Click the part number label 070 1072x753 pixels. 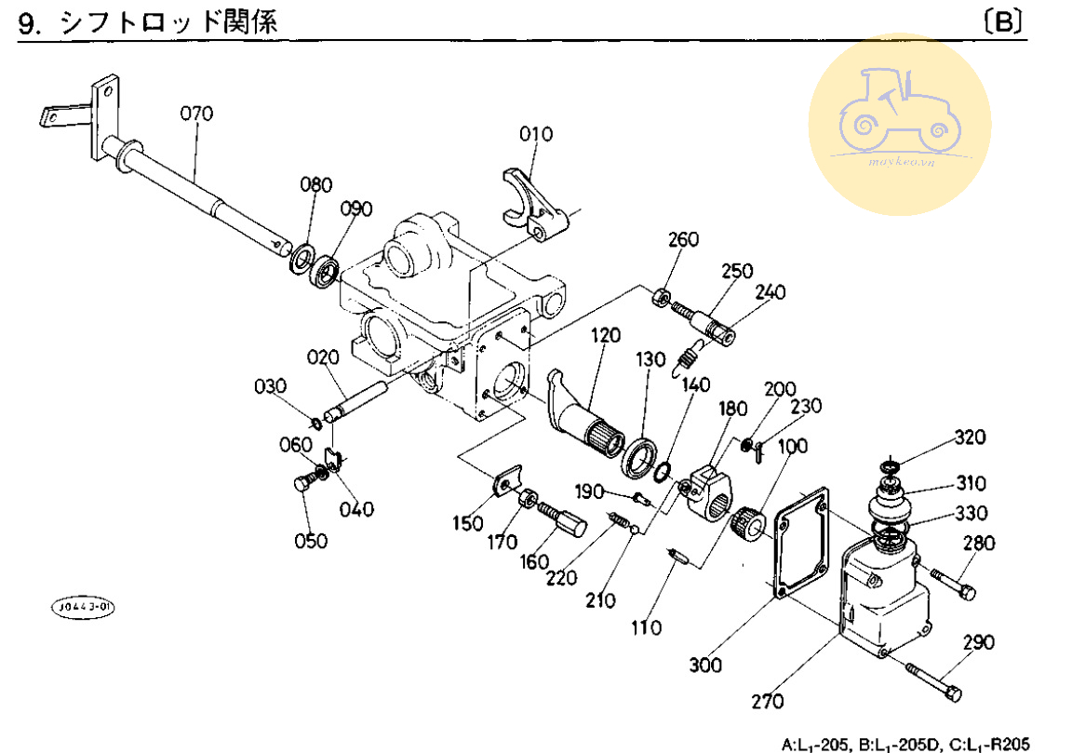point(196,114)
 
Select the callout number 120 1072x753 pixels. point(605,335)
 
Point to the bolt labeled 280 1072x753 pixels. point(951,584)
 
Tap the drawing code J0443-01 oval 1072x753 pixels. point(83,608)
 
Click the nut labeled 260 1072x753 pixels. point(661,298)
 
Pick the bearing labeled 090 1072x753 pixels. point(326,271)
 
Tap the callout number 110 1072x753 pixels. point(646,627)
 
